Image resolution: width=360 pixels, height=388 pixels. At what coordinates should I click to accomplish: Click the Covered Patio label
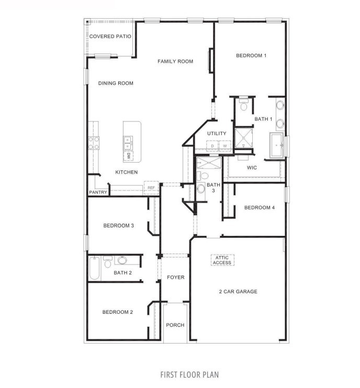pos(110,37)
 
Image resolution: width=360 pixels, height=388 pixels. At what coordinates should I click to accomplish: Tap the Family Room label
pos(175,62)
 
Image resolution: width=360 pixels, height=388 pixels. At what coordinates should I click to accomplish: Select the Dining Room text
pos(116,83)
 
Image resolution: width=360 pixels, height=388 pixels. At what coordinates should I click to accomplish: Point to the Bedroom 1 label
pos(251,55)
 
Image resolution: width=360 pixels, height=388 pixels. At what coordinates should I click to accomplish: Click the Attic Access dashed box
pos(222,260)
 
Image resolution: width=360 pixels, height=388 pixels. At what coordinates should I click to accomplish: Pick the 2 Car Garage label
pos(238,292)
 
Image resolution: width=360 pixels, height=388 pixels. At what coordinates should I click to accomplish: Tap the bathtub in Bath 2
pos(95,268)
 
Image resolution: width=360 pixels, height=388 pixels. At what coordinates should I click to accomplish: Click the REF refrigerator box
pos(151,188)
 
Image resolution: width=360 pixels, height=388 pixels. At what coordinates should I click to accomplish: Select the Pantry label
pos(98,192)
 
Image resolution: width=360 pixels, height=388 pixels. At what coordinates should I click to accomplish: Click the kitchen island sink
pos(128,140)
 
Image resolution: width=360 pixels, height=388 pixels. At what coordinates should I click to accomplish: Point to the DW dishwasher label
pos(128,155)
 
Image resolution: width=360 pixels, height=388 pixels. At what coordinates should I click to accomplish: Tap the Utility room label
pos(217,134)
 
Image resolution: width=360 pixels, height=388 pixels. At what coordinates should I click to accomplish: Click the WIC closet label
pos(252,168)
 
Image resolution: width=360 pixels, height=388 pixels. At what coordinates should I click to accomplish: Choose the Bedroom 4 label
pos(260,208)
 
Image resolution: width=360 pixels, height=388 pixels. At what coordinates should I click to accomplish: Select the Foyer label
pos(175,277)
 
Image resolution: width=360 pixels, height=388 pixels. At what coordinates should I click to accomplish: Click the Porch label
pos(175,325)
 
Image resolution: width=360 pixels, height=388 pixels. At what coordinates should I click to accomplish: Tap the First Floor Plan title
pos(189,374)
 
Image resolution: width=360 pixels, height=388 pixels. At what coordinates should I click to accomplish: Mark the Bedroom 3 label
pos(119,226)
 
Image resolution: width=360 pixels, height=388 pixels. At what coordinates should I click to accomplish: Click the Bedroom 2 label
pos(117,312)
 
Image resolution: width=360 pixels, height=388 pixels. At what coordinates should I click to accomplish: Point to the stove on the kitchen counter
pos(94,143)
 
